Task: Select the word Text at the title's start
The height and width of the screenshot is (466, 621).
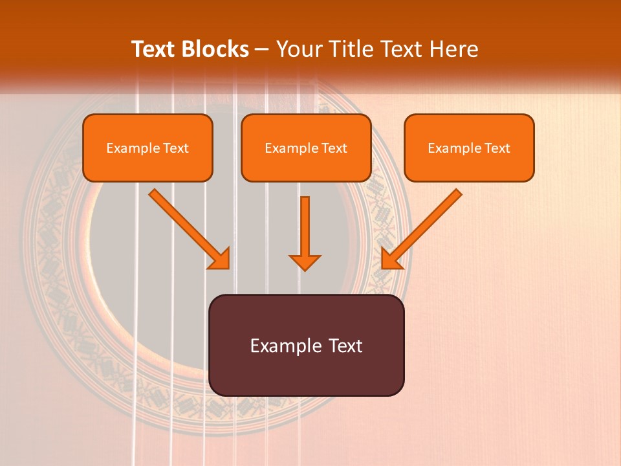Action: point(155,49)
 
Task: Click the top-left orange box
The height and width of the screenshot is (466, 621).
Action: point(147,148)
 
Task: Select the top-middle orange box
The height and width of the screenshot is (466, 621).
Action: point(306,148)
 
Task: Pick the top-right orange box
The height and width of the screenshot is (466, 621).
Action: point(469,148)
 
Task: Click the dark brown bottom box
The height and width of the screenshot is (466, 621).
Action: point(306,345)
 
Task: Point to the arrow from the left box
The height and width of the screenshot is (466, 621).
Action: point(188,227)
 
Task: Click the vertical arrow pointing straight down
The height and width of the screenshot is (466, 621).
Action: point(305,230)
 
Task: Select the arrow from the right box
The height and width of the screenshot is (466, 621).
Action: point(424,227)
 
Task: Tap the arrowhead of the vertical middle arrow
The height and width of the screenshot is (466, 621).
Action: point(305,262)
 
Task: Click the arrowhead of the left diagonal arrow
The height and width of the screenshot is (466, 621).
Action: point(221,260)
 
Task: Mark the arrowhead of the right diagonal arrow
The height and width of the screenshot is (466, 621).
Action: point(389,260)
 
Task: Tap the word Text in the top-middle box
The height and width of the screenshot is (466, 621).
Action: point(334,148)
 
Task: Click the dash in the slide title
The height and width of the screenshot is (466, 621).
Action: point(262,49)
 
